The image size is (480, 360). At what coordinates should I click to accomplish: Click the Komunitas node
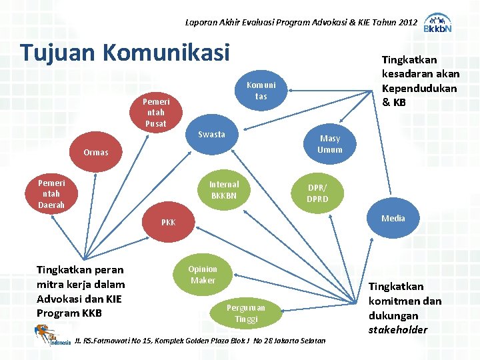coord(261,91)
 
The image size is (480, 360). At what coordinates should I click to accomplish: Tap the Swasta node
coord(211,135)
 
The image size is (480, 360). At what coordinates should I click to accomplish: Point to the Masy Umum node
coord(330,144)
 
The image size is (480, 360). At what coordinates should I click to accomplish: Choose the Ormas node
coord(96,153)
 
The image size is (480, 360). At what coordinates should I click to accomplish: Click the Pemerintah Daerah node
coord(51,193)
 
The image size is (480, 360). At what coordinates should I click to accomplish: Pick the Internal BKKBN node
coord(224,190)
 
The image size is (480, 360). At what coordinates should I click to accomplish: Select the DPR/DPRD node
coord(317,193)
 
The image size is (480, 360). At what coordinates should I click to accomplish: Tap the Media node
coord(393,218)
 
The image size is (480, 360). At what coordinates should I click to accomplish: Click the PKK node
coord(169,222)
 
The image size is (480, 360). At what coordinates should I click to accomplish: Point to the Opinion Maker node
coord(203,275)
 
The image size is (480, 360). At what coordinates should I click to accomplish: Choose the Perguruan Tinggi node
coord(246,313)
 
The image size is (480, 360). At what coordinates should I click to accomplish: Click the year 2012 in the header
coord(407,23)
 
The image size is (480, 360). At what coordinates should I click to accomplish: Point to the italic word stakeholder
coord(398,330)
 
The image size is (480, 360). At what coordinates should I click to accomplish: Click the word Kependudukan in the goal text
coord(419,89)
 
